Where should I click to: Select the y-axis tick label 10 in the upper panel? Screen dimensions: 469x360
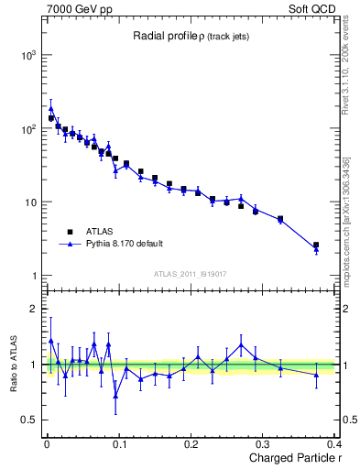point(31,202)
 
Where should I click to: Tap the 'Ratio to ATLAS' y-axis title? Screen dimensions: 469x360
point(11,364)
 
